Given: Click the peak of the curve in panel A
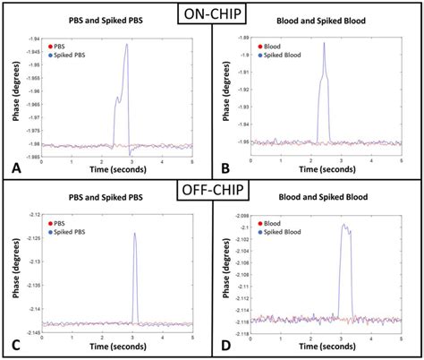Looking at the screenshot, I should pyautogui.click(x=127, y=44).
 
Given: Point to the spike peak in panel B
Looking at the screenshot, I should pyautogui.click(x=324, y=43).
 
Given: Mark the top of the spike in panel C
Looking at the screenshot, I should pyautogui.click(x=134, y=233).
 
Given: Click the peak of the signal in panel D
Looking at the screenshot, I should pyautogui.click(x=343, y=224).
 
